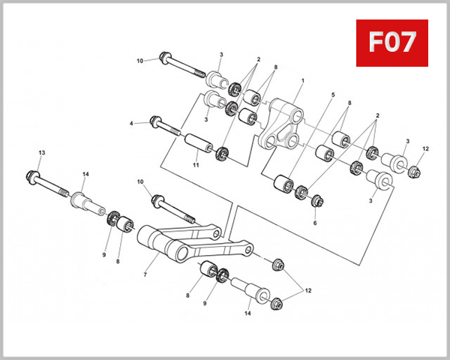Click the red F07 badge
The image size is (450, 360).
pos(391,43)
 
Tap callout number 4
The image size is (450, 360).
pos(131,122)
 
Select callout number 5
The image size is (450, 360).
pos(333,95)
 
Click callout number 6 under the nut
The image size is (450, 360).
pos(315,223)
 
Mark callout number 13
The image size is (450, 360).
pos(42,153)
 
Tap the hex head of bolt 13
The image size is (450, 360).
pos(37,177)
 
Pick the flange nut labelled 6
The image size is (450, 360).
pos(316,202)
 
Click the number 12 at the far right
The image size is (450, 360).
pos(425,148)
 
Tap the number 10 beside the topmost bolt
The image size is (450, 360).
pos(139,60)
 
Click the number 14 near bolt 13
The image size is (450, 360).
pos(85,175)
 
